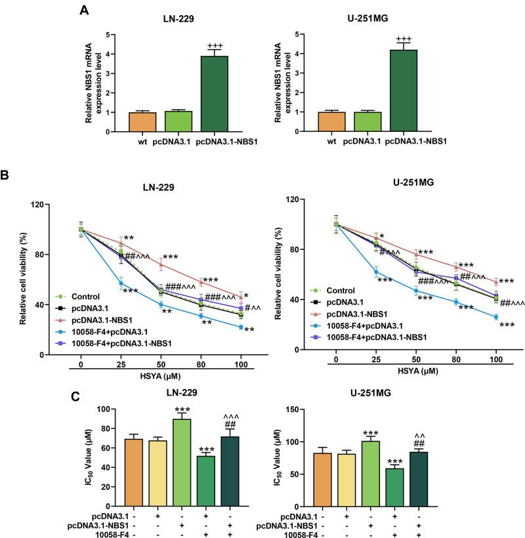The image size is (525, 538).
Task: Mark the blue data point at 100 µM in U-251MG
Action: coord(495,317)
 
